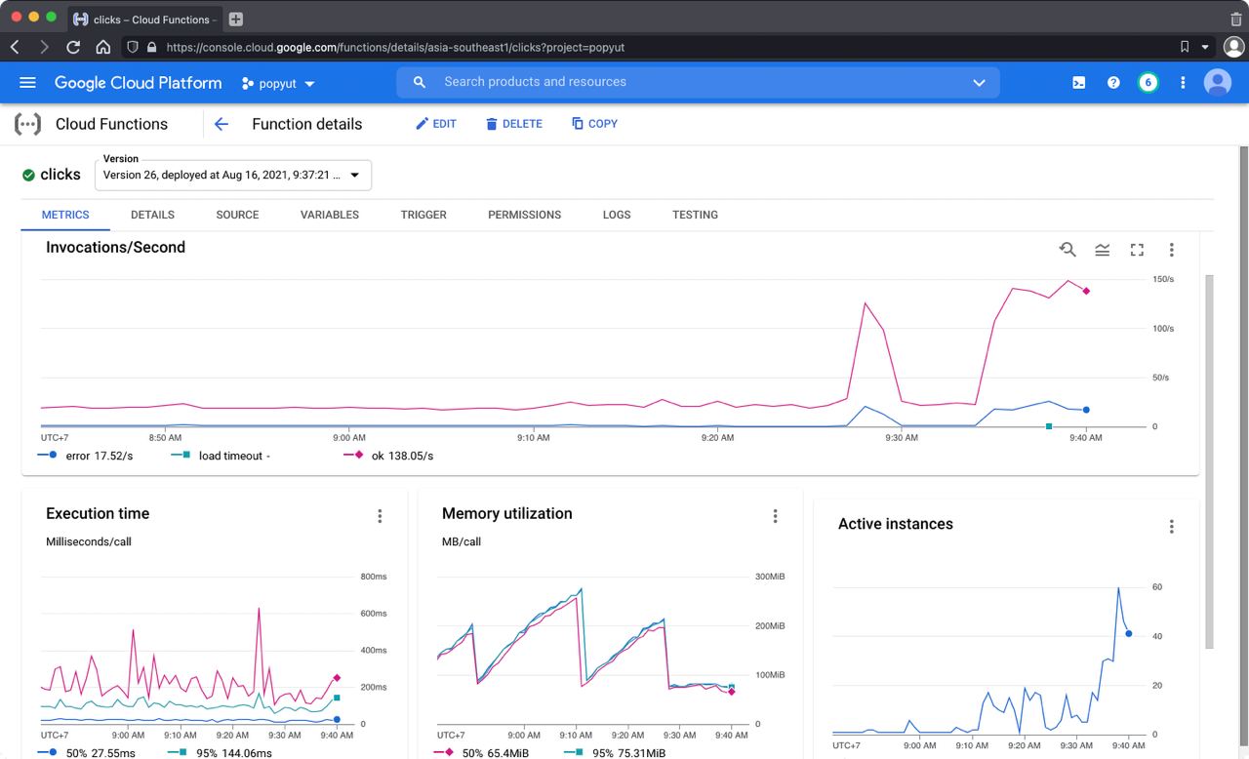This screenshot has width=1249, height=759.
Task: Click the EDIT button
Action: (435, 124)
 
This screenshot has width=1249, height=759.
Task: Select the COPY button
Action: (594, 124)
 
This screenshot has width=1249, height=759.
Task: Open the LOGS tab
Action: (617, 215)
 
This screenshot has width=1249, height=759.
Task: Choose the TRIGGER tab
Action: (423, 215)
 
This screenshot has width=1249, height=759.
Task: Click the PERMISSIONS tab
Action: (524, 215)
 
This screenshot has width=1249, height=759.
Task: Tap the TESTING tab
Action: (695, 215)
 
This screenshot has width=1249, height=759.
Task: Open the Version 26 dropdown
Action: (233, 176)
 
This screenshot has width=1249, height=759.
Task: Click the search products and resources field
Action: (698, 82)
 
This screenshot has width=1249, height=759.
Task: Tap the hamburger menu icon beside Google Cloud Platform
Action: (27, 83)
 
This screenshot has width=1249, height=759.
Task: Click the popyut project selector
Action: (278, 84)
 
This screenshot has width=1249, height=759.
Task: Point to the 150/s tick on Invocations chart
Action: (1163, 280)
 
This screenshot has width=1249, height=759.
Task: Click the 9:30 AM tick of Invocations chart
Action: (902, 438)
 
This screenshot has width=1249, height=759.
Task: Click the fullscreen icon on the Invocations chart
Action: (1137, 250)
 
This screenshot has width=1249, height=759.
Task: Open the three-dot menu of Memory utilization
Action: (775, 516)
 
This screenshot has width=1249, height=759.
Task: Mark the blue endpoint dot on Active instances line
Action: (1129, 634)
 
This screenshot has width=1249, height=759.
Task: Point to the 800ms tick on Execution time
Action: (374, 577)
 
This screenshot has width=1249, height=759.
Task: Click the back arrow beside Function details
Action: (222, 124)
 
